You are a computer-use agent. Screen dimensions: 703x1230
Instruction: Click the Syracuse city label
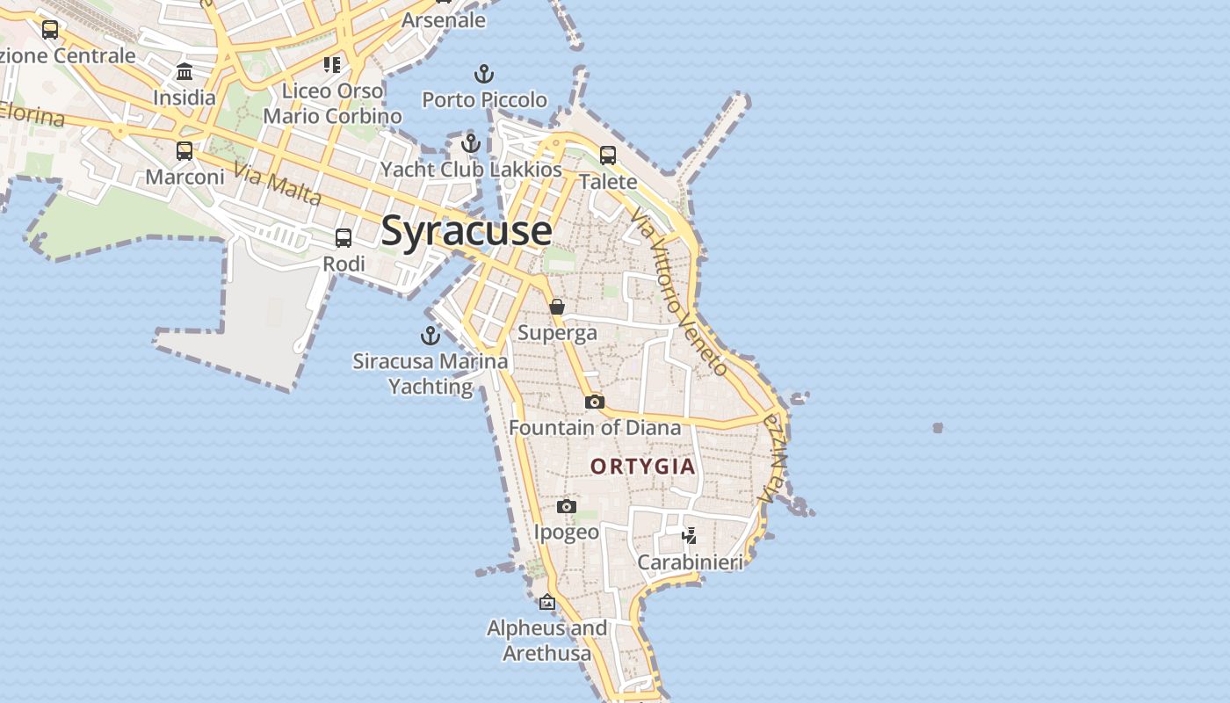467,230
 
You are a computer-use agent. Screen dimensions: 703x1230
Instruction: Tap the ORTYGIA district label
643,467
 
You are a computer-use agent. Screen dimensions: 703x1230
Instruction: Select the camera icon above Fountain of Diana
595,402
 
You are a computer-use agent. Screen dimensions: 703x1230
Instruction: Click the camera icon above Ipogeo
567,506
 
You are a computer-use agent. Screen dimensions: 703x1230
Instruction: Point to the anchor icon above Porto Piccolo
484,74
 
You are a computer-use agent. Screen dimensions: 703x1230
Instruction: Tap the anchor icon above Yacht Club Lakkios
471,142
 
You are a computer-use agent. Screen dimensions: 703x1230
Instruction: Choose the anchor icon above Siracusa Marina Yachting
430,335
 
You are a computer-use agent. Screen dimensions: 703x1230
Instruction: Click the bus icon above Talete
608,156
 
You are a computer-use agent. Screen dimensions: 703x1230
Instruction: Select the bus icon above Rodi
344,237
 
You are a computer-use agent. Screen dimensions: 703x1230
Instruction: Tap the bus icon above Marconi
184,150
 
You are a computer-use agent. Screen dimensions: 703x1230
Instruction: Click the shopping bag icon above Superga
557,307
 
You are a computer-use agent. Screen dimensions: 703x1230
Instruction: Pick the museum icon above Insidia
184,71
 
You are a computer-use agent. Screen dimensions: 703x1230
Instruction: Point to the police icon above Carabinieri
690,535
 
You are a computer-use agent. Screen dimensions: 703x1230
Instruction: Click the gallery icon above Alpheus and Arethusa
547,602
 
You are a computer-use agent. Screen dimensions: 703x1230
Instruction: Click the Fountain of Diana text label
595,428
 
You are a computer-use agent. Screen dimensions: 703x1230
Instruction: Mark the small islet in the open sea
937,428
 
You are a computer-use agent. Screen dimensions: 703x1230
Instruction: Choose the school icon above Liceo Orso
332,64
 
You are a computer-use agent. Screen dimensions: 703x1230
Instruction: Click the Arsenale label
444,19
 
